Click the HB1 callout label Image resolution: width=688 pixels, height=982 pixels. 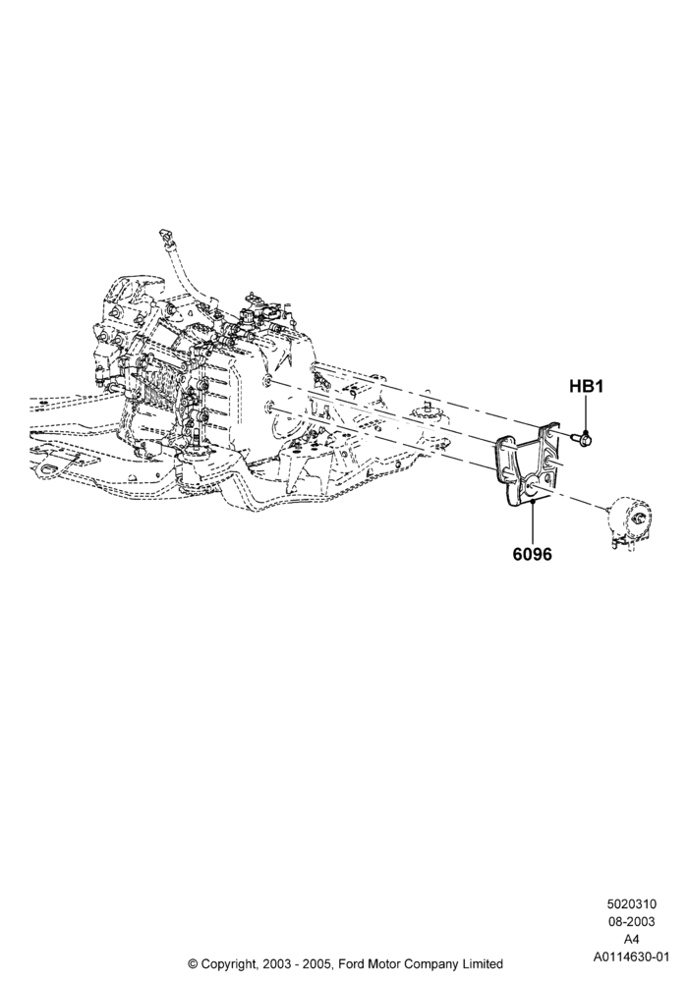(x=586, y=386)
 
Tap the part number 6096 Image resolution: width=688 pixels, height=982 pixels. (x=533, y=554)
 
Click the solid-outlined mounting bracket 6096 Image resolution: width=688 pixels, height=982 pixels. (x=527, y=464)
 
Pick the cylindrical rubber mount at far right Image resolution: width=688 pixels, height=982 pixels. (x=628, y=519)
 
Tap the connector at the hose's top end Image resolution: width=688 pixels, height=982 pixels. (x=165, y=237)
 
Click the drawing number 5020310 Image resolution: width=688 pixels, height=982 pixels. (x=631, y=904)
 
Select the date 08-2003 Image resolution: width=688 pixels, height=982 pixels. (x=631, y=922)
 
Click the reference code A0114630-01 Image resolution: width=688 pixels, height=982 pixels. (x=632, y=956)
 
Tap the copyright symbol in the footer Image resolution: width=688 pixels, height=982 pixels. (x=193, y=964)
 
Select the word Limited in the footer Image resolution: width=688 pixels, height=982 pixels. (x=481, y=964)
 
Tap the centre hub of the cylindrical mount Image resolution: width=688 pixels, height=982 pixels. (x=640, y=518)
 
